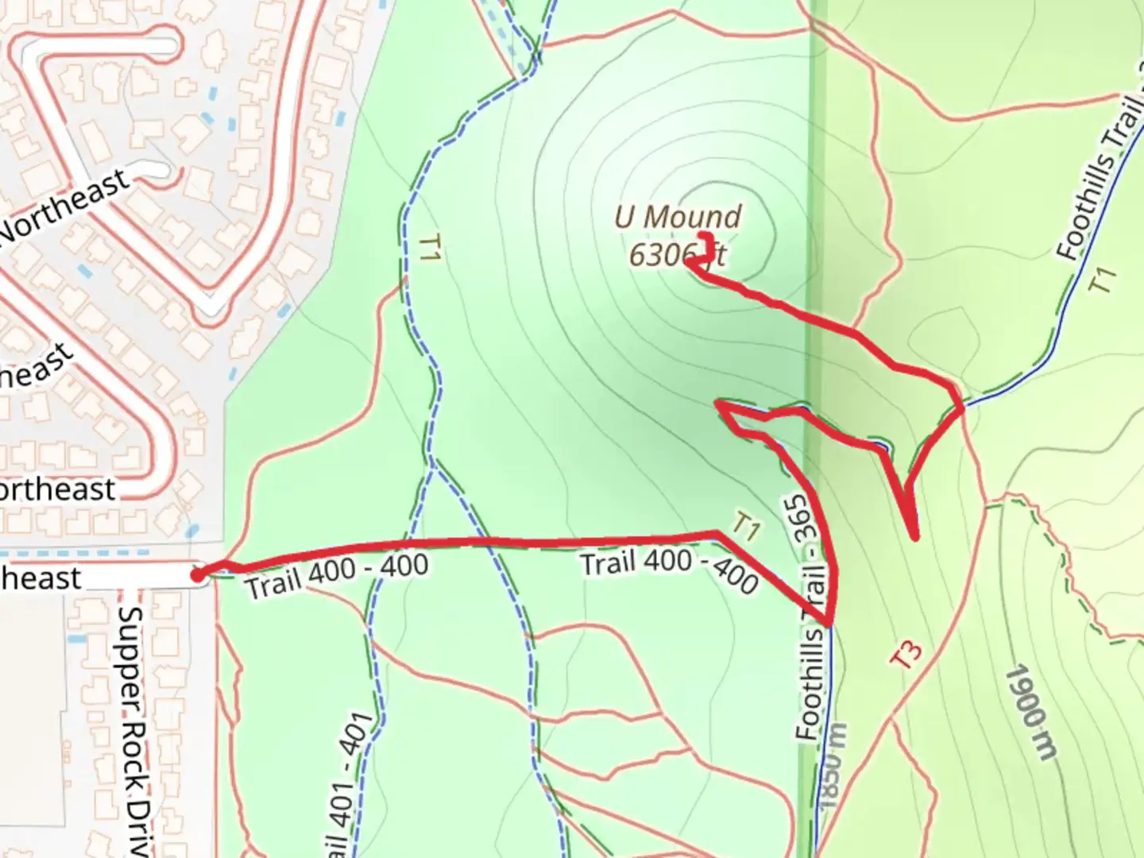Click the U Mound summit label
[x=677, y=217]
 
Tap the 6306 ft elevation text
[x=677, y=255]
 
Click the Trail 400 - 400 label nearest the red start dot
[x=337, y=576]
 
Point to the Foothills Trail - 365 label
[x=810, y=620]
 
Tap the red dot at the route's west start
[x=198, y=574]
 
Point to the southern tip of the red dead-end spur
[x=916, y=538]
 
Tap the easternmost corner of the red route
[x=962, y=407]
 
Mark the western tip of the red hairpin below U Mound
[x=719, y=404]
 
